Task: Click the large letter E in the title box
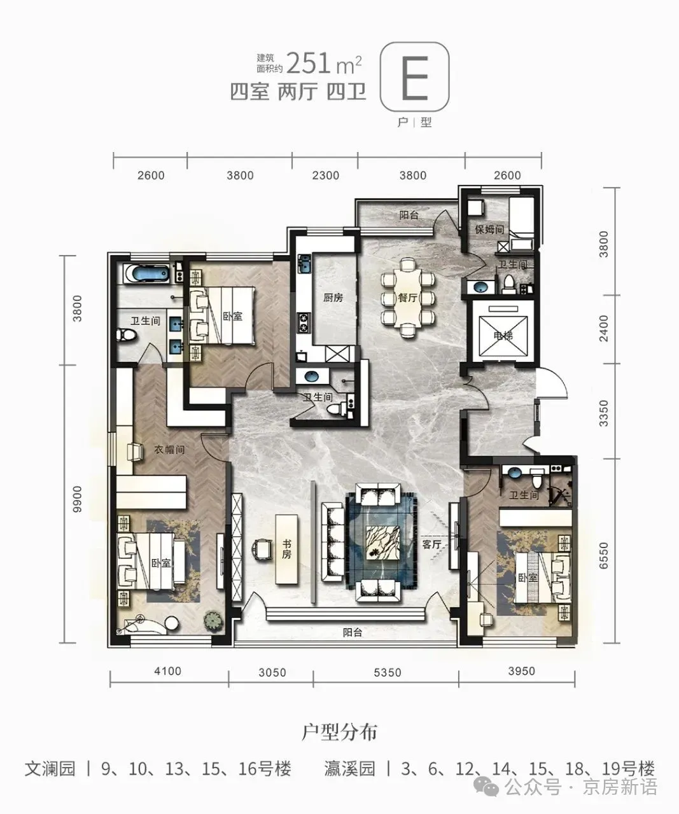coord(414,78)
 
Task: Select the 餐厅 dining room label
coord(408,298)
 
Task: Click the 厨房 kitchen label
coord(333,298)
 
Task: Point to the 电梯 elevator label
coord(503,335)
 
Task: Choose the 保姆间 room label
coord(489,230)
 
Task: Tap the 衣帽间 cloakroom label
coord(169,450)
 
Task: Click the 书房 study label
coord(286,549)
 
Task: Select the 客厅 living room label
coord(431,544)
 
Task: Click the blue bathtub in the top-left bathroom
coord(147,273)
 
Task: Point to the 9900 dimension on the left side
coord(78,499)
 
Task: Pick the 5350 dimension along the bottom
coord(387,672)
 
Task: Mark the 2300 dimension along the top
coord(325,176)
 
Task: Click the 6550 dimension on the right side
coord(603,556)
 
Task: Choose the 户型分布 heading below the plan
coord(340,732)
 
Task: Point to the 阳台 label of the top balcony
coord(409,215)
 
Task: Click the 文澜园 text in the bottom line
coord(50,769)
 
